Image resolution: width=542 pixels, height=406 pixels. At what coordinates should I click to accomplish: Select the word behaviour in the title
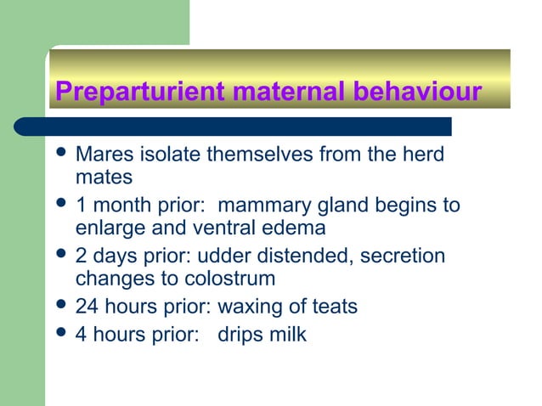411,92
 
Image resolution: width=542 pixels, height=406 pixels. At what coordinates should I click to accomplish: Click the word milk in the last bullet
288,335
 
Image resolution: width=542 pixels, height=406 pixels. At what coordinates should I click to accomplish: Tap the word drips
241,335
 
